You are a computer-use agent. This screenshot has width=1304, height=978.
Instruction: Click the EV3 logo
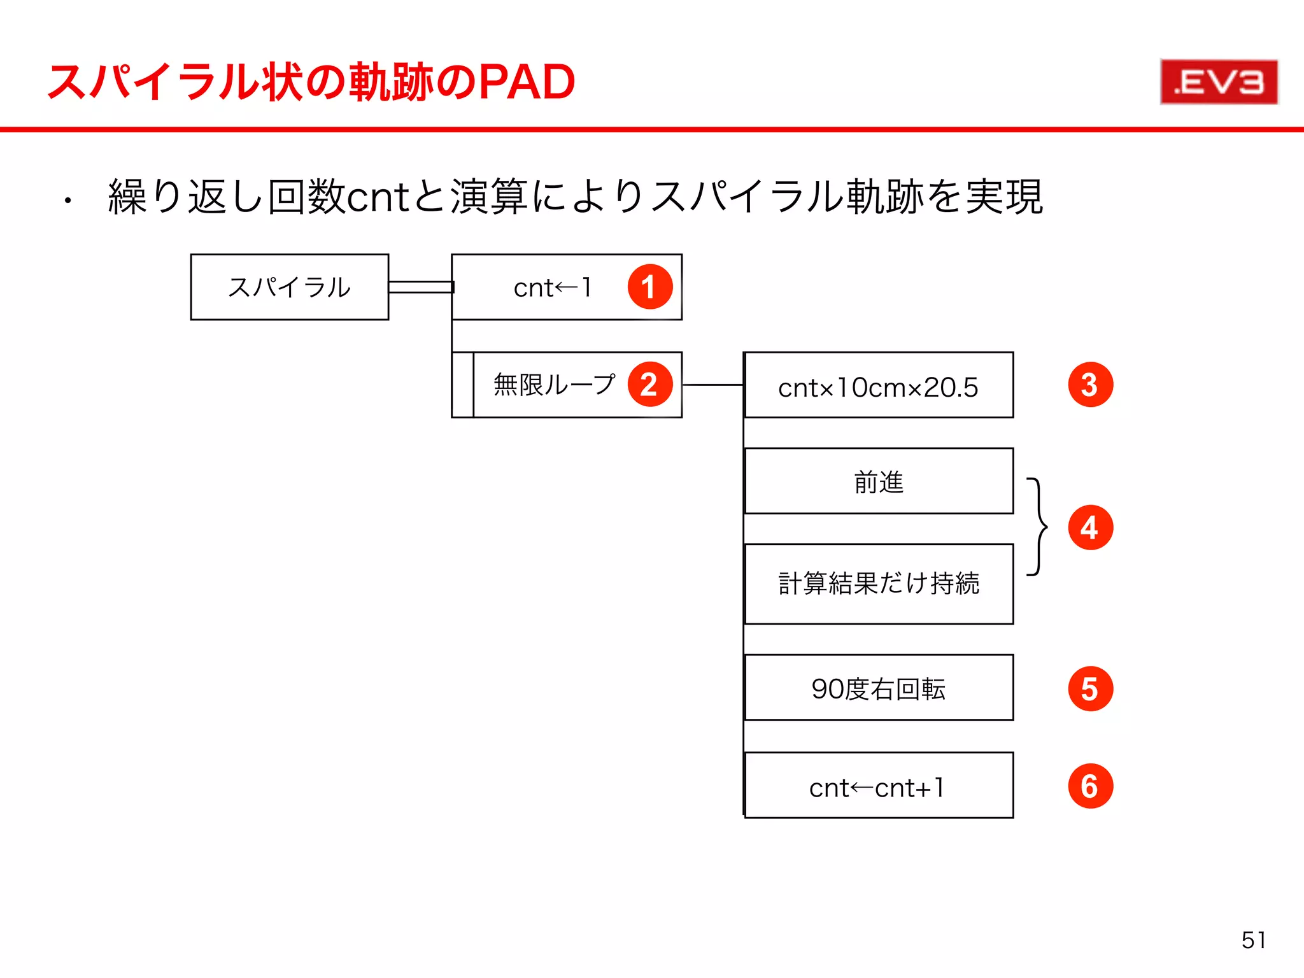[1219, 81]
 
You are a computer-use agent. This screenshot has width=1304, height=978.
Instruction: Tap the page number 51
[1254, 940]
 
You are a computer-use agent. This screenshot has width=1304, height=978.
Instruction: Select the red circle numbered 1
[649, 287]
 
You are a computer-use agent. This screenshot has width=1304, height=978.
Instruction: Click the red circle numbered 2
[649, 385]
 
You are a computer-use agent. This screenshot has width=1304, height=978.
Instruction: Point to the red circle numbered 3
[1090, 385]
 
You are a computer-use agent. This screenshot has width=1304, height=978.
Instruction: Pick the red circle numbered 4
[1090, 528]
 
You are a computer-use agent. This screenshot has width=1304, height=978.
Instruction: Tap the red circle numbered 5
[1090, 689]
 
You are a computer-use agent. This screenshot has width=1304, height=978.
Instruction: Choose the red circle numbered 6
[1090, 786]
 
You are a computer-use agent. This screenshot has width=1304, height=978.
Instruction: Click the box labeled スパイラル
[290, 287]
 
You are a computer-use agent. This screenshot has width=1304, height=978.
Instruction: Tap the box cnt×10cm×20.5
[879, 385]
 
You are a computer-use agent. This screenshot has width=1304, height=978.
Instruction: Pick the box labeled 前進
[879, 481]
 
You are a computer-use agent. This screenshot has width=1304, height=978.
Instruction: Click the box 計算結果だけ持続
[879, 584]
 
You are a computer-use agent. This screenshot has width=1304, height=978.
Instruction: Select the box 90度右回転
[879, 688]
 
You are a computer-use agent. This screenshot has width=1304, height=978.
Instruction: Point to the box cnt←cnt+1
[879, 786]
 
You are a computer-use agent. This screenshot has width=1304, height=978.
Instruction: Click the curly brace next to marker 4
[1038, 527]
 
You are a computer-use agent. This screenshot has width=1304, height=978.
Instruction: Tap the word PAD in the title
[527, 82]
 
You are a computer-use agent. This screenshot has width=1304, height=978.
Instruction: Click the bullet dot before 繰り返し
[67, 202]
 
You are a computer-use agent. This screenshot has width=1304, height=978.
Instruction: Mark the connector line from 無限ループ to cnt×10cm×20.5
[712, 385]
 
